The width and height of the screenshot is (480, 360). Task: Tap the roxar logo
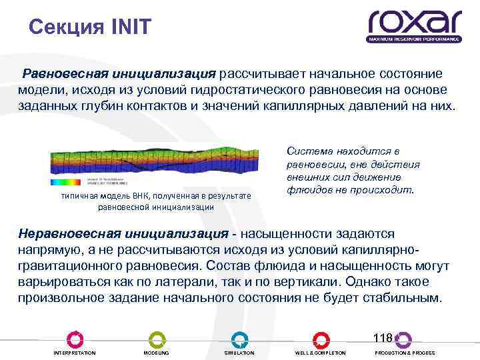[414, 25]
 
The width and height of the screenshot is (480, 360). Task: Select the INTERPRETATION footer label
[74, 353]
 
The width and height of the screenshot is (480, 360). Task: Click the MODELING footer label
[157, 353]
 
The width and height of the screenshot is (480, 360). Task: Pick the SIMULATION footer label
[239, 353]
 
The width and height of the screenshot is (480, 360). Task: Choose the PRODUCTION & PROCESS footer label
[405, 353]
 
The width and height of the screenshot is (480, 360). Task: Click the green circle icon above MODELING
[157, 339]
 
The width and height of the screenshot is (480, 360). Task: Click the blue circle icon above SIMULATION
[239, 339]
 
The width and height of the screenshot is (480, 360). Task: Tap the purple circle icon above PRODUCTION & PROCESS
[403, 339]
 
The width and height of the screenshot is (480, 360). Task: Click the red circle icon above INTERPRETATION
[75, 339]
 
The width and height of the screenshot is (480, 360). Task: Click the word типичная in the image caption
[78, 196]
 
